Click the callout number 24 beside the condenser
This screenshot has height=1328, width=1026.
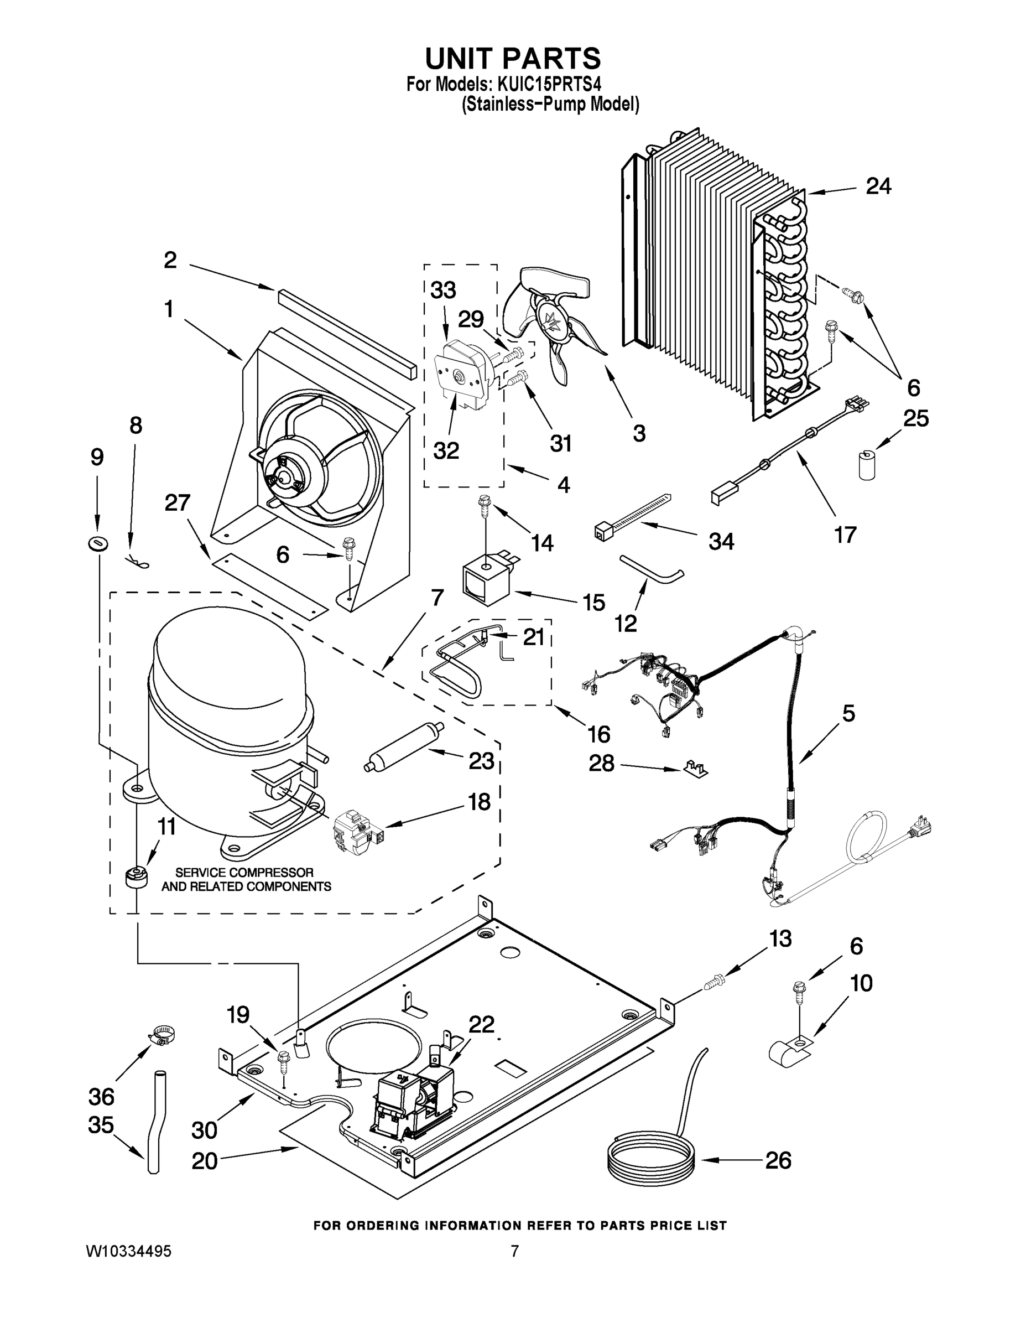pos(878,186)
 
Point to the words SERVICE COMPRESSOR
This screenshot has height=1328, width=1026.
pos(244,873)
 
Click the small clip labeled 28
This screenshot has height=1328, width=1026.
pos(695,769)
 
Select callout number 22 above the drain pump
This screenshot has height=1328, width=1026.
pos(481,1025)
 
